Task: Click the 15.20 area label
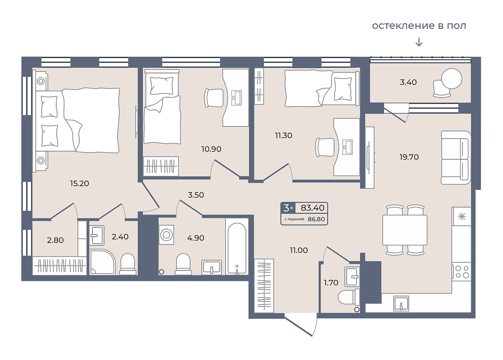tap(79, 183)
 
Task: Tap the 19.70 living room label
tap(409, 157)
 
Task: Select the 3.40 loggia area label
tap(408, 82)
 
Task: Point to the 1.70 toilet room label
tap(331, 283)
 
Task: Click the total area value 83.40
tap(313, 208)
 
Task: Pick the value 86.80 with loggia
tap(316, 219)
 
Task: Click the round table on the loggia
tap(452, 79)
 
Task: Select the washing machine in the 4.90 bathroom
tap(167, 235)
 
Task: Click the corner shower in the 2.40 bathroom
tap(102, 262)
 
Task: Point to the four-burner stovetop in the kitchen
tap(462, 272)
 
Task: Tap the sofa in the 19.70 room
tap(456, 157)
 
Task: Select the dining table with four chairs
tap(405, 230)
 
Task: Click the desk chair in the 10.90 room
tap(213, 98)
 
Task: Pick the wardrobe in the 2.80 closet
tap(60, 265)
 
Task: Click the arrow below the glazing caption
tap(419, 42)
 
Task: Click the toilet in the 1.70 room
tap(349, 297)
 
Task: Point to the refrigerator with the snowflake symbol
tap(462, 216)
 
